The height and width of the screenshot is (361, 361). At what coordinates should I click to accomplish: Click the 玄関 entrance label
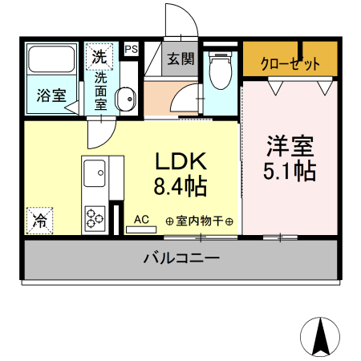click(x=180, y=59)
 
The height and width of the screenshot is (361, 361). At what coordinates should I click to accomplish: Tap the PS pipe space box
click(x=131, y=49)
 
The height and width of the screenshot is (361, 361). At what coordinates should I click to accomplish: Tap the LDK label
click(x=180, y=160)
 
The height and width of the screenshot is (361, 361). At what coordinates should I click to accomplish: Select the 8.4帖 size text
click(x=180, y=188)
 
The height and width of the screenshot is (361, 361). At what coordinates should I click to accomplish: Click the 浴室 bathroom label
click(x=51, y=95)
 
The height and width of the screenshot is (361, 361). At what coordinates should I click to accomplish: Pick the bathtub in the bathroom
click(x=51, y=63)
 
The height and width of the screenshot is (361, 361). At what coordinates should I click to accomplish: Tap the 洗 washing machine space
click(x=99, y=56)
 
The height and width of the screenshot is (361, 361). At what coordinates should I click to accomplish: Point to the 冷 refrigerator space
click(x=39, y=219)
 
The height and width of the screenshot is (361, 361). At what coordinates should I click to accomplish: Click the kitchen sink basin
click(x=94, y=171)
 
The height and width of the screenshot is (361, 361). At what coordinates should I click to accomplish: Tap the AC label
click(x=141, y=219)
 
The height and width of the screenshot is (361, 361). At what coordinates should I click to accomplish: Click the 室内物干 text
click(x=199, y=221)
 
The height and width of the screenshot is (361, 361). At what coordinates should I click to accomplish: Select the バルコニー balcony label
click(x=181, y=258)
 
